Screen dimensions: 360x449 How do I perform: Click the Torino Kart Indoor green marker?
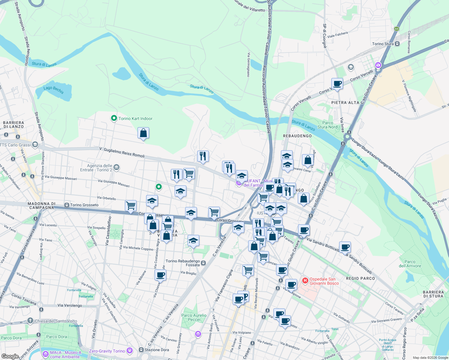(114, 118)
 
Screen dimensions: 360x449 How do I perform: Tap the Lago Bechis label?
(54, 90)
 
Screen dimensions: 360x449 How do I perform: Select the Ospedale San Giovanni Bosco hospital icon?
(305, 281)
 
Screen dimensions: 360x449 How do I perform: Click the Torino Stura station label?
(383, 44)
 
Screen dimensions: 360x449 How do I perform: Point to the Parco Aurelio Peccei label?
(194, 317)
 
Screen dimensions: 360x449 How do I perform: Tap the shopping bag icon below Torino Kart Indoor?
(143, 133)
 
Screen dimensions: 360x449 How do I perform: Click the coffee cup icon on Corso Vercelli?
(337, 84)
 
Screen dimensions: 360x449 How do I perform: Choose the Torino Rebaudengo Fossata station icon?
(203, 263)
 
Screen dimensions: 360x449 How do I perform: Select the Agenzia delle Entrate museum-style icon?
(116, 167)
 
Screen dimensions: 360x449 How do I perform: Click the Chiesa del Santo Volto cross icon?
(30, 321)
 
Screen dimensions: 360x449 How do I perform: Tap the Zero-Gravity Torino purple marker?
(129, 350)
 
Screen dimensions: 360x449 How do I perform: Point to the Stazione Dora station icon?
(141, 350)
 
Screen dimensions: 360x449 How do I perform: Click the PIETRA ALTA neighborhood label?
(345, 103)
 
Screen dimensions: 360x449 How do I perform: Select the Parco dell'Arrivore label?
(410, 264)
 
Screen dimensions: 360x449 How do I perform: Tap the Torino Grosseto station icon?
(67, 205)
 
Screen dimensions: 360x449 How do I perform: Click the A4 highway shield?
(396, 29)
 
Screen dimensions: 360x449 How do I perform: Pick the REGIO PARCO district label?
(360, 278)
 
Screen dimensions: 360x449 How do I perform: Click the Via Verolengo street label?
(70, 305)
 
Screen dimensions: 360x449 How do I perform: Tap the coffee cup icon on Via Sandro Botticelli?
(345, 247)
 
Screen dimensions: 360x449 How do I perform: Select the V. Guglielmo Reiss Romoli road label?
(122, 152)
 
